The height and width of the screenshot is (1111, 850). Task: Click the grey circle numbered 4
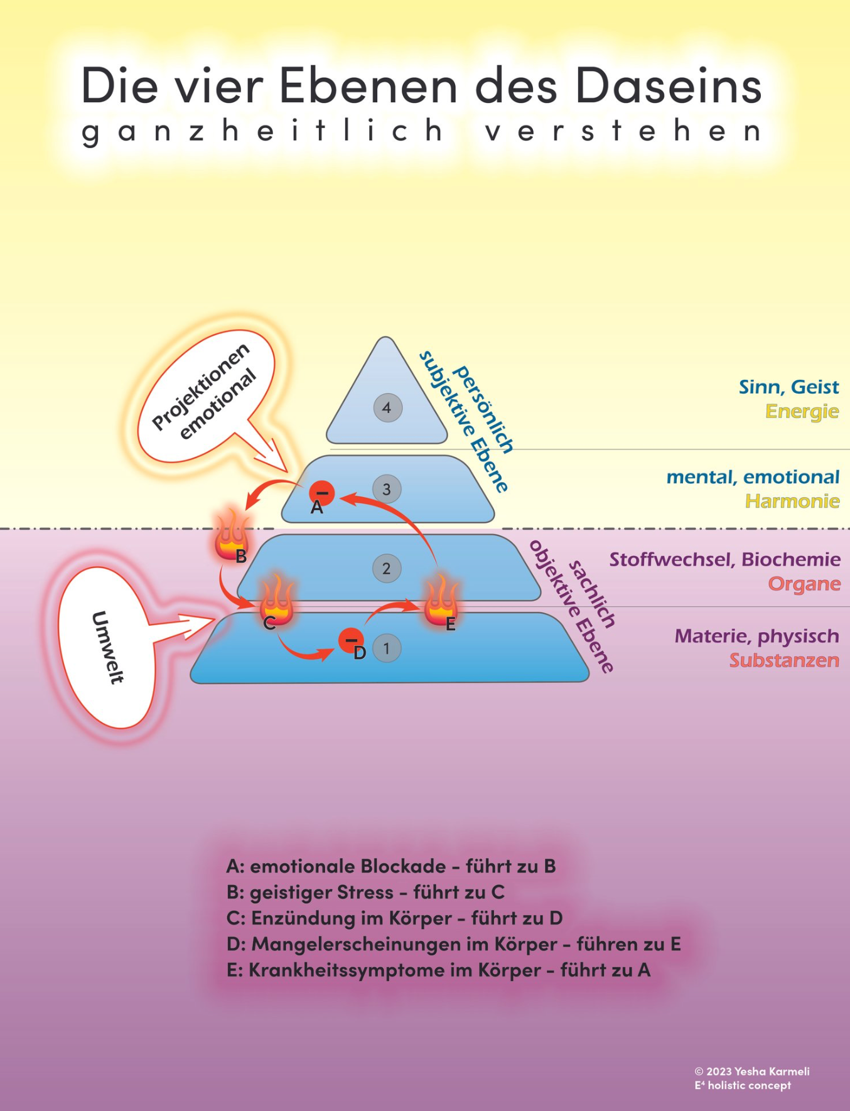387,408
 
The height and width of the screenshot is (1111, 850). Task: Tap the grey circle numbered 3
387,489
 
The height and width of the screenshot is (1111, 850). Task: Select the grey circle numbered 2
386,569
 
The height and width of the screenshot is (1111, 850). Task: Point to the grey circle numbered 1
387,648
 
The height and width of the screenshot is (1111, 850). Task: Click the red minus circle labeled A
322,493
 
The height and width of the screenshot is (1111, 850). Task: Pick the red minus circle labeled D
351,640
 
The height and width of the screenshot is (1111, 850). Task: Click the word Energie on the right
802,412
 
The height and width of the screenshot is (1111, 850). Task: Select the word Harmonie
792,502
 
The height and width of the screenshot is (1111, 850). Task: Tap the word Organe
804,584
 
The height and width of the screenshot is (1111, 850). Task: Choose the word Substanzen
784,660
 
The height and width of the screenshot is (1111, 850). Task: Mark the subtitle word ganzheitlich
264,131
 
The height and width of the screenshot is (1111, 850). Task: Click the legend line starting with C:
394,918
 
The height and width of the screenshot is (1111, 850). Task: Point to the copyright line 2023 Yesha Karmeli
752,1071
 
